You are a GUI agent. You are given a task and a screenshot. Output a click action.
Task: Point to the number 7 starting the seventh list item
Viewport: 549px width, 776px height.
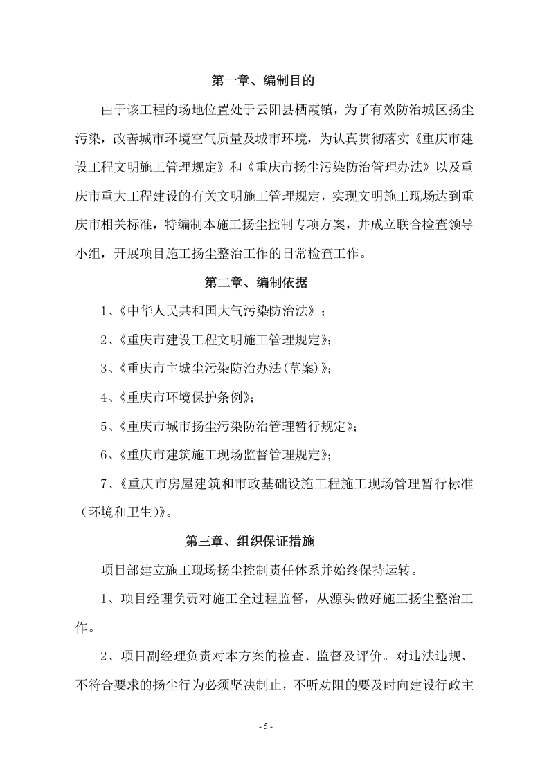pyautogui.click(x=103, y=483)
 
